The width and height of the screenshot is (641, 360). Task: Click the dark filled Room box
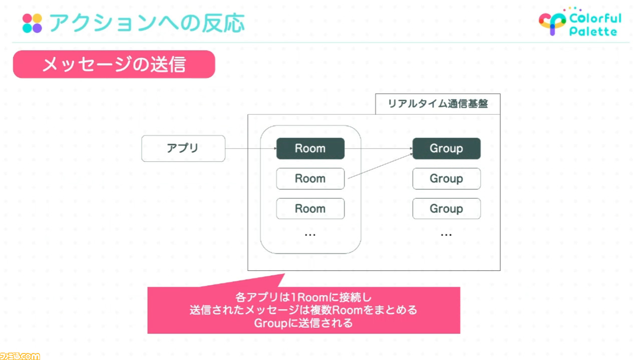coord(310,149)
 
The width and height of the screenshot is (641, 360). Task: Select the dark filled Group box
coord(446,149)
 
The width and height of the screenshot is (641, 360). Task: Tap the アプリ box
coord(183,149)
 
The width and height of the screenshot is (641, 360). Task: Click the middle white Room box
coord(310,179)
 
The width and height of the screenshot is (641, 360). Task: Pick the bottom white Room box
coord(310,209)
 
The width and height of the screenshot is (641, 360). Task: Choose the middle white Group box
coord(446,179)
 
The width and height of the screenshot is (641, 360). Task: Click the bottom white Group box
coord(446,209)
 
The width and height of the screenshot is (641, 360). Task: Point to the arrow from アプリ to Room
coord(251,149)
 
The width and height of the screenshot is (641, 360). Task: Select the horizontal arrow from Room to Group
coord(379,149)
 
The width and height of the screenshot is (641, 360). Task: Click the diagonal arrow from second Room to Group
coord(380,166)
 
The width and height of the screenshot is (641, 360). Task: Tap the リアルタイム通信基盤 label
coord(438,104)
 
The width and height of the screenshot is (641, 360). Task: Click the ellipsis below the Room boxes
coord(310,235)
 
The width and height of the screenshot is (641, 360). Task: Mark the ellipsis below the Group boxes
coord(446,235)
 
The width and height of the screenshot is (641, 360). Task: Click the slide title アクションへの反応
coord(147,23)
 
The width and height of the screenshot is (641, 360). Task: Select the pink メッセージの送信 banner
coord(114,65)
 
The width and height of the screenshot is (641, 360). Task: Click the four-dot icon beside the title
coord(32,23)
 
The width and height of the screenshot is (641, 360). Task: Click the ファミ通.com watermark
coord(20,356)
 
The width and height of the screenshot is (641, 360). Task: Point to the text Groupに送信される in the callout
coord(303,323)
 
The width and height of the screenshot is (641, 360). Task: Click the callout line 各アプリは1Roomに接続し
coord(303,297)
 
